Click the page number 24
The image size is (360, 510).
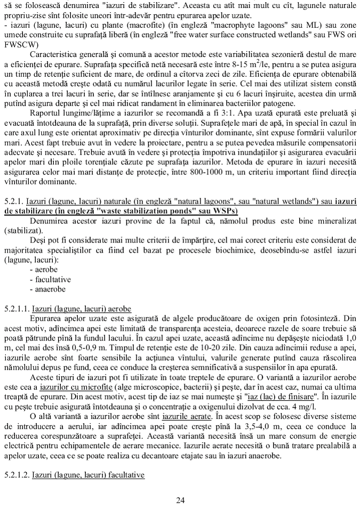click(180, 500)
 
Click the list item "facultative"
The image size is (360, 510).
click(53, 279)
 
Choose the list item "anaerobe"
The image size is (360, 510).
click(51, 289)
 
